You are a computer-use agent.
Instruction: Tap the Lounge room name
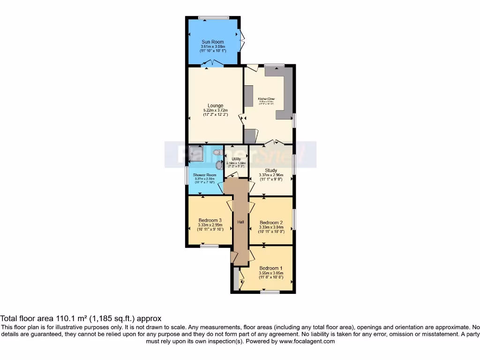(x=216, y=105)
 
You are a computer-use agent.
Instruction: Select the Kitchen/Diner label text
(x=267, y=99)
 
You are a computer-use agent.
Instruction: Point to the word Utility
(x=236, y=159)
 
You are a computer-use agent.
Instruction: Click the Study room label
(x=271, y=171)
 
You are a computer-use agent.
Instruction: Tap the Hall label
(x=240, y=222)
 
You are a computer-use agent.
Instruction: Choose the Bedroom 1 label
(x=271, y=268)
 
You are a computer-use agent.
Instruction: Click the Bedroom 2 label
(x=271, y=223)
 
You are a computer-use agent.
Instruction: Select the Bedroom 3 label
(x=210, y=220)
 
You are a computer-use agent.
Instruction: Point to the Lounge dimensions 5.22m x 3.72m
(x=216, y=110)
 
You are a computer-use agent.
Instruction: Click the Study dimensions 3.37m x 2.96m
(x=271, y=175)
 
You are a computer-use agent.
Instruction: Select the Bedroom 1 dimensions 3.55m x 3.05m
(x=271, y=273)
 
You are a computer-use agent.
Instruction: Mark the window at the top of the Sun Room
(x=214, y=18)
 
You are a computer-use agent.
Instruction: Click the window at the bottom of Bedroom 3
(x=210, y=245)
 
